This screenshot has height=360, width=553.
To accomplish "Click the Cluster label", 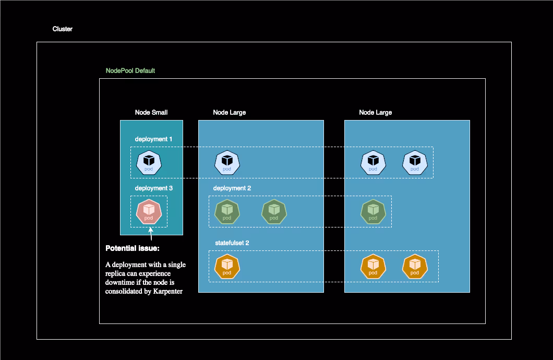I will point(62,29).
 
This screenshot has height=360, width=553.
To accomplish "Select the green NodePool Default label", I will point(130,71).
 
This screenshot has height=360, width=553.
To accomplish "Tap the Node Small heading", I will point(151,113).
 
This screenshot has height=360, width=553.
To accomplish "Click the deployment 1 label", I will point(153,139).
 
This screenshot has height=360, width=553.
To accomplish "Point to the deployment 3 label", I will point(153,188).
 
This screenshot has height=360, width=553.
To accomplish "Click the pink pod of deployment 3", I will point(149,211).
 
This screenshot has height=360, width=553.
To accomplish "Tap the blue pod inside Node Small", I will point(149,162).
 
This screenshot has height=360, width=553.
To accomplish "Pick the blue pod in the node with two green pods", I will point(227,162).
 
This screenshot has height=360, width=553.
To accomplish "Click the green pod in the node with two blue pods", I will point(373,211).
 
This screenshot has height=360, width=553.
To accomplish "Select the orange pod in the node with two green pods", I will point(227,267).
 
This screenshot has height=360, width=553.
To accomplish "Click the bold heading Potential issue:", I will point(133,248).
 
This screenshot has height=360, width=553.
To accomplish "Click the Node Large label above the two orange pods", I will point(375,113).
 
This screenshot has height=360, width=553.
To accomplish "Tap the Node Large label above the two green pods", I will point(229,113).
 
